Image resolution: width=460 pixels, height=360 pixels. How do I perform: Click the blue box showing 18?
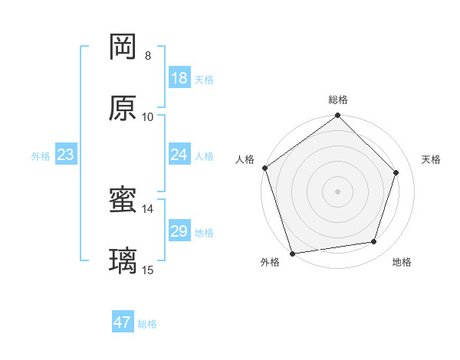[179, 78]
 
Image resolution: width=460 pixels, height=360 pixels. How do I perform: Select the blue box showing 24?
[179, 155]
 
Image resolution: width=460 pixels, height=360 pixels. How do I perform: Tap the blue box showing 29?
[179, 231]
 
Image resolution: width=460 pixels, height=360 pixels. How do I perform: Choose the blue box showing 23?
[66, 155]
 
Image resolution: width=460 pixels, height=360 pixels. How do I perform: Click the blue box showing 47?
[123, 322]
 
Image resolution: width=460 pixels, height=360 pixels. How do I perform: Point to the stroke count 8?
[148, 56]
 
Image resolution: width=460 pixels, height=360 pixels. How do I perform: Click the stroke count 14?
[148, 208]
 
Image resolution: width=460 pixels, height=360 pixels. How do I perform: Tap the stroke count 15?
[148, 270]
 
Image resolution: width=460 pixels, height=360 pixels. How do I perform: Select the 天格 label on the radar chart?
[431, 159]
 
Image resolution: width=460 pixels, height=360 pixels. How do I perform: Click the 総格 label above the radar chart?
[338, 100]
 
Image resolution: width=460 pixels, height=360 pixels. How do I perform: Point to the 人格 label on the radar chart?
[245, 159]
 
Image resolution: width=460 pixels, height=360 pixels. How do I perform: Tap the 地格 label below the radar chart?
[402, 263]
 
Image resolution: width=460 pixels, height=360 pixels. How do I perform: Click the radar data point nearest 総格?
[338, 116]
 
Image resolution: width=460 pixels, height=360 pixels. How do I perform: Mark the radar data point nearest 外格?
[292, 253]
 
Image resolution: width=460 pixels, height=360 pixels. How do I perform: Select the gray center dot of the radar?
[338, 191]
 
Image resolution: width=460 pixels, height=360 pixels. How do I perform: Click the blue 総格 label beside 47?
[147, 324]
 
